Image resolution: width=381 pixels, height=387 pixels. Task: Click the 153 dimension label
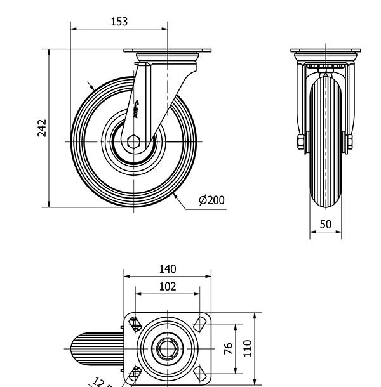[x=119, y=21]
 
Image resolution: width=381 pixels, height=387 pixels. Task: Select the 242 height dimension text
[x=42, y=127]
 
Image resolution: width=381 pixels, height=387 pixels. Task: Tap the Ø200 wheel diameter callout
[x=211, y=200]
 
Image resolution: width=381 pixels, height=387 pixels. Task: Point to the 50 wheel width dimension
[x=325, y=224]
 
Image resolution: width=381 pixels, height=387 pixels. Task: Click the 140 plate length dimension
[x=167, y=270]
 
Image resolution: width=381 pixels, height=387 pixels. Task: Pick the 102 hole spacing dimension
[x=167, y=287]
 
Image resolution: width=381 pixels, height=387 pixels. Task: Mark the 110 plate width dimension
[x=248, y=348]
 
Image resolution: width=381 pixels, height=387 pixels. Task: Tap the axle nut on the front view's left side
[x=300, y=142]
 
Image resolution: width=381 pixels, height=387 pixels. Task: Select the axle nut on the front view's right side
[x=349, y=142]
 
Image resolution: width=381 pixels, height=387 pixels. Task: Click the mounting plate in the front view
[x=325, y=51]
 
